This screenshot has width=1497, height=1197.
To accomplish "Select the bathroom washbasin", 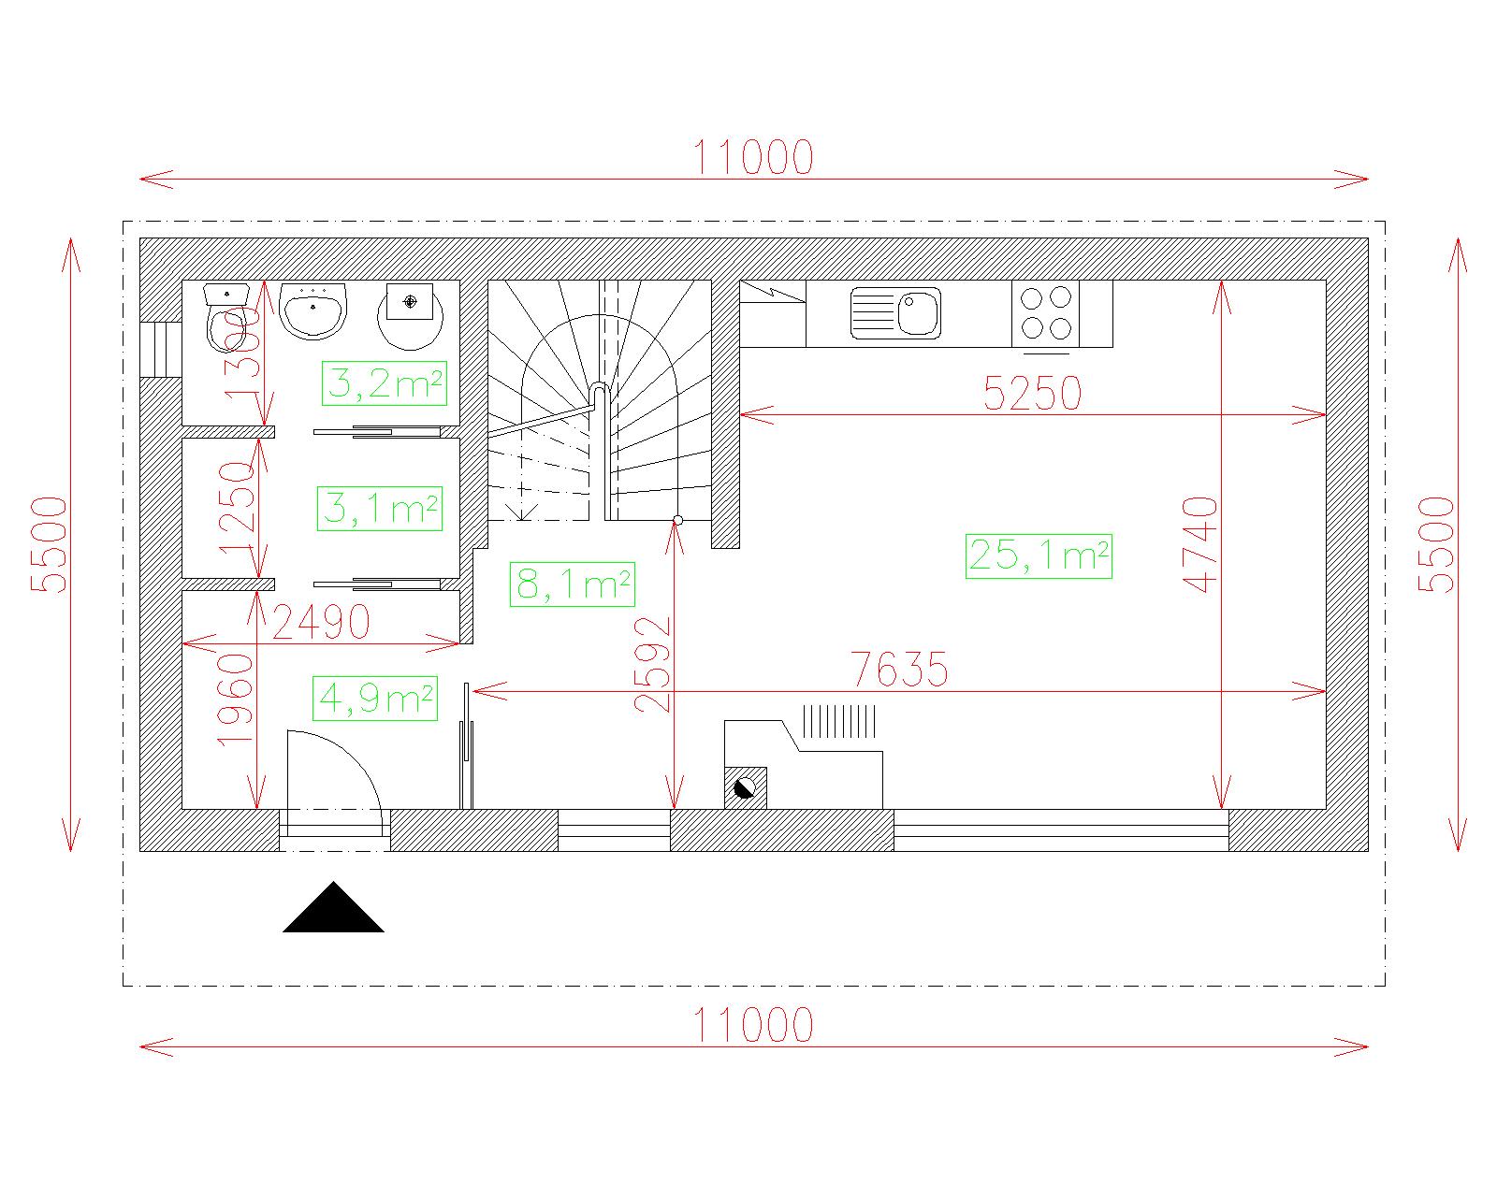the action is (312, 310).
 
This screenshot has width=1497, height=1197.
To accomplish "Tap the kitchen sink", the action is (895, 313).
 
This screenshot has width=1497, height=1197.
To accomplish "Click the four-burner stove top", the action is (1045, 313).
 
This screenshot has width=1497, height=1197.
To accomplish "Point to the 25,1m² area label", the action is (1039, 555).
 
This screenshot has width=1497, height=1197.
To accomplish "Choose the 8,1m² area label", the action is (572, 584).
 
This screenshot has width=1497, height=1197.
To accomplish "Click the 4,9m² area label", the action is (375, 699).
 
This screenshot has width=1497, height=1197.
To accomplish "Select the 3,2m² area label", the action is (384, 383).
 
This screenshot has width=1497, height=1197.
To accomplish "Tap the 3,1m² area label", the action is (380, 509).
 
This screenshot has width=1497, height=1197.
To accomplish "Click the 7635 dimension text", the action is (899, 670).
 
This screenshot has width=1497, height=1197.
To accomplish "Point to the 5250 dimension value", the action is (1033, 394).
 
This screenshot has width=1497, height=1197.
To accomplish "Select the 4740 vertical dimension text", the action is (1200, 544).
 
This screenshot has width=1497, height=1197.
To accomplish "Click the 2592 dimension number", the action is (652, 665).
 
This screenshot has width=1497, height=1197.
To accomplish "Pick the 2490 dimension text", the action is (321, 623).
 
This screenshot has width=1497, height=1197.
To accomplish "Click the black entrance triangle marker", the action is (333, 907).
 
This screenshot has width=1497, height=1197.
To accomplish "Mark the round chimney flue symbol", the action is (745, 788).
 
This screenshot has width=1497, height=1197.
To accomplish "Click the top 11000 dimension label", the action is (753, 157).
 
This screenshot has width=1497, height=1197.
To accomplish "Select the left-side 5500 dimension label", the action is (50, 544).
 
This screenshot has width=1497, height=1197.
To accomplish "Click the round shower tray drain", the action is (411, 301).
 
